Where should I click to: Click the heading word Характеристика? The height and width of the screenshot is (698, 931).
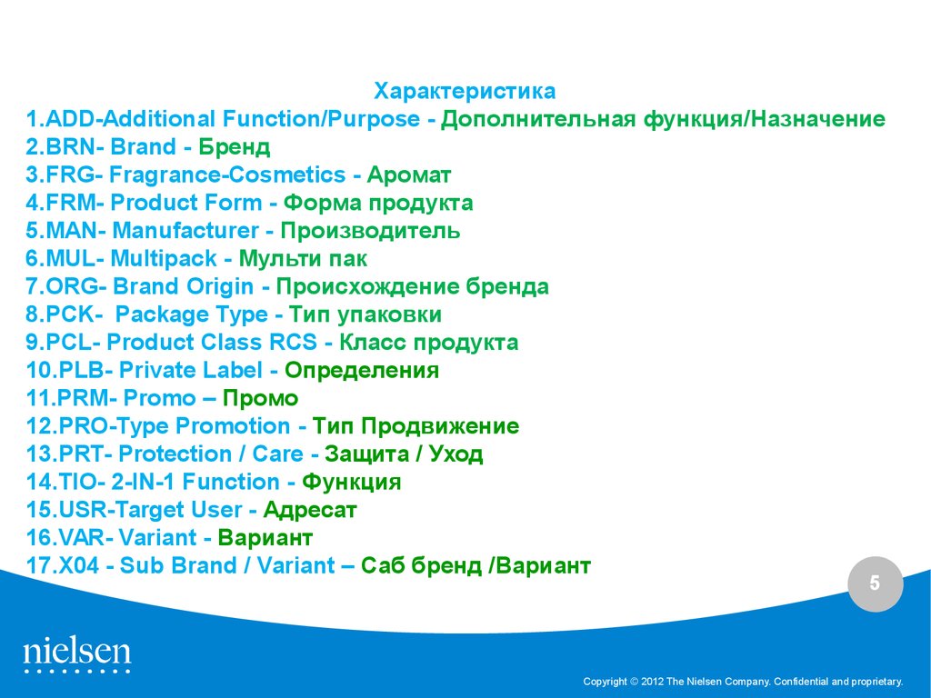465,92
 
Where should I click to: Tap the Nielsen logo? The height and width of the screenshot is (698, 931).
77,655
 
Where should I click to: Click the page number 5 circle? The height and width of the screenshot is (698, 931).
876,584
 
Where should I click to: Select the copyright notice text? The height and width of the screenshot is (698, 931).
743,682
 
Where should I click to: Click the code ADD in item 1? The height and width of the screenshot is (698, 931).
70,119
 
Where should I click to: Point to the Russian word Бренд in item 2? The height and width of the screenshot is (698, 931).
234,147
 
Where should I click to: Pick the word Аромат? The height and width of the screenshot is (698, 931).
409,175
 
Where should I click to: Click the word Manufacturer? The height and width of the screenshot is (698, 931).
185,231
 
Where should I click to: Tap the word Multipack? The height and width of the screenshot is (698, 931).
164,259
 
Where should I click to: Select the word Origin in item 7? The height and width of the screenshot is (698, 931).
220,287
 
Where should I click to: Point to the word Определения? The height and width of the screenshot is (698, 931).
362,371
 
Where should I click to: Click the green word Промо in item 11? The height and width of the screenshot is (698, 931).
260,398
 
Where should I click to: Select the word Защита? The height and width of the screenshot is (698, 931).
367,454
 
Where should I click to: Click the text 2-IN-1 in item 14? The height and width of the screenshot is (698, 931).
143,482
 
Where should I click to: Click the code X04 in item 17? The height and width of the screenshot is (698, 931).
79,565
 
